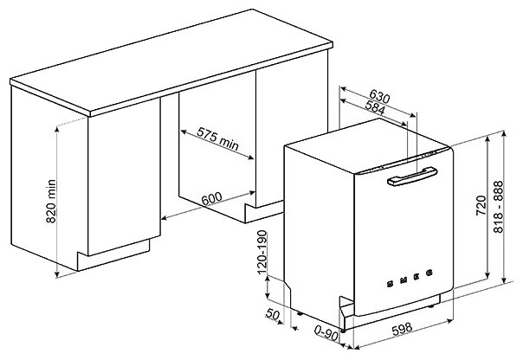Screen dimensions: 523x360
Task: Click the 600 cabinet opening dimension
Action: click(212, 198)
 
